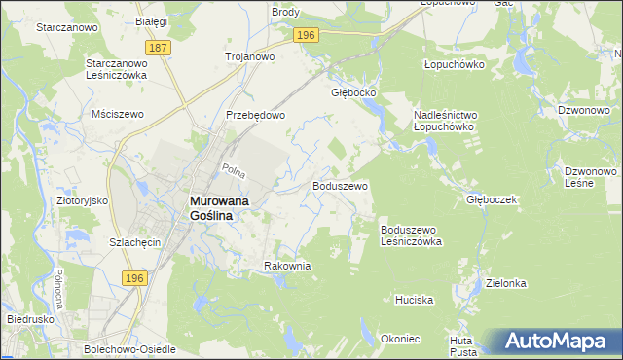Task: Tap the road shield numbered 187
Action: [x=156, y=48]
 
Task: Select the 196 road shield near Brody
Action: [x=306, y=35]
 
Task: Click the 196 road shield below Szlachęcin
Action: [x=135, y=278]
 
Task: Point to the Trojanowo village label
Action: [x=249, y=56]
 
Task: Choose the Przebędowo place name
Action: [x=255, y=115]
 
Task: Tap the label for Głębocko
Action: [x=353, y=94]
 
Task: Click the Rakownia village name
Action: [x=287, y=266]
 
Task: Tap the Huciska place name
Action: [x=414, y=300]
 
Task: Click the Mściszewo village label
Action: [x=117, y=114]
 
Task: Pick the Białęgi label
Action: [x=152, y=20]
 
